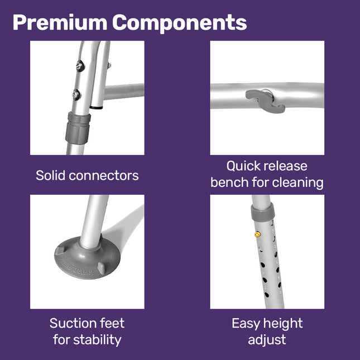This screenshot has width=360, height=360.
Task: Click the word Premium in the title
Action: (60, 22)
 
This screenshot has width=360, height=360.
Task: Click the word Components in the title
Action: (180, 23)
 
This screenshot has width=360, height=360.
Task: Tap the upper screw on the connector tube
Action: (80, 66)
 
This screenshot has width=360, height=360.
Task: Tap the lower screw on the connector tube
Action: (76, 94)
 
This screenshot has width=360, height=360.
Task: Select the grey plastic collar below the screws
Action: (78, 128)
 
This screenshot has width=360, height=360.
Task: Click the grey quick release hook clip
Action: (266, 101)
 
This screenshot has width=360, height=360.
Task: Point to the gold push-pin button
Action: (258, 234)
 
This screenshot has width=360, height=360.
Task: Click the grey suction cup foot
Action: (87, 258)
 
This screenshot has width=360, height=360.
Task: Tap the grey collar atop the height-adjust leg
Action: (263, 212)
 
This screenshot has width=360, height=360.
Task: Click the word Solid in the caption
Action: (50, 176)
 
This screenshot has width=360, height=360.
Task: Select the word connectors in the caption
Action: (104, 176)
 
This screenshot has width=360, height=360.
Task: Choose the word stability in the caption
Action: (97, 340)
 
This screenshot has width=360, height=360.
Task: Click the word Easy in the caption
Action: (246, 324)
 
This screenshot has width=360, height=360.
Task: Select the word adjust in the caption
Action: (267, 340)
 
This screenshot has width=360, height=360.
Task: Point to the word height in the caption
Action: (283, 324)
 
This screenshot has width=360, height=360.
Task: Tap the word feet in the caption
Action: (112, 323)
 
